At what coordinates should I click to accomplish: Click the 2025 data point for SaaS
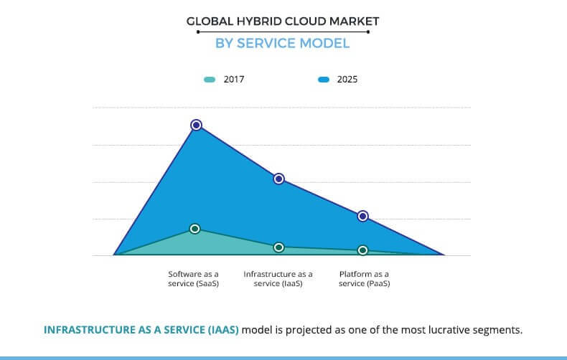point(196,125)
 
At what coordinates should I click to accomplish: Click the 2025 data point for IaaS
point(279,179)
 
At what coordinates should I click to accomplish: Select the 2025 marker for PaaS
point(363,216)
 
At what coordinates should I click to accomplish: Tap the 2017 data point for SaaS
point(195,229)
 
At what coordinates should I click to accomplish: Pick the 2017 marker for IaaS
point(279,247)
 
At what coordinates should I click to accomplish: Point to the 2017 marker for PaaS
point(363,250)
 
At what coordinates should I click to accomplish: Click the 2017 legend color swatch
point(210,80)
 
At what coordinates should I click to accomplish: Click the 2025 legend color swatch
point(323,80)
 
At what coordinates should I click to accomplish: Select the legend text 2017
point(234,80)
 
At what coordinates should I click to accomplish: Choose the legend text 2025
point(347,80)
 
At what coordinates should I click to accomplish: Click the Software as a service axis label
point(194,279)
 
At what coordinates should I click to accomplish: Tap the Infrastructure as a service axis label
point(278,279)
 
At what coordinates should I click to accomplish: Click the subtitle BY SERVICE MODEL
point(283,43)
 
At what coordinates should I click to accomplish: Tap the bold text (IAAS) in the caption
point(220,330)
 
